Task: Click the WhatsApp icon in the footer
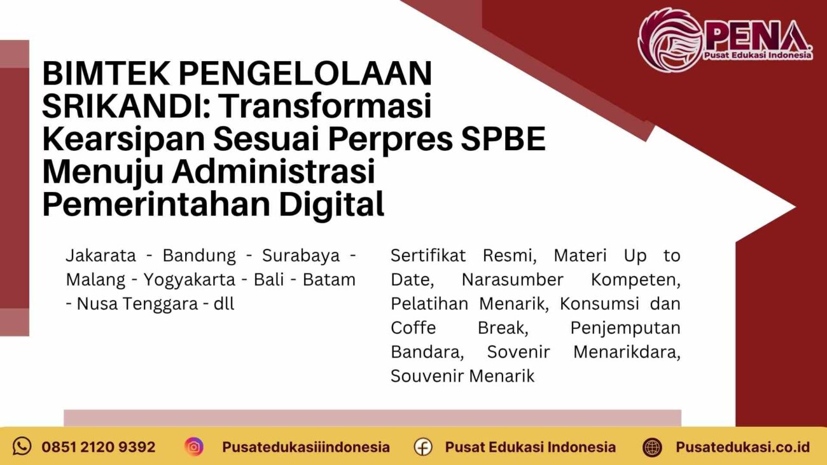click(22, 446)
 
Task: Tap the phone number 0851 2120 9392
click(98, 447)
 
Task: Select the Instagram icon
click(194, 447)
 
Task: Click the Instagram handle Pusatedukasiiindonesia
click(305, 447)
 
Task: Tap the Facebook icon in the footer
click(423, 447)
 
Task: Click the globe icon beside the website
click(652, 447)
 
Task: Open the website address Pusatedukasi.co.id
click(742, 447)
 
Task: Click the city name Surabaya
click(298, 256)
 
